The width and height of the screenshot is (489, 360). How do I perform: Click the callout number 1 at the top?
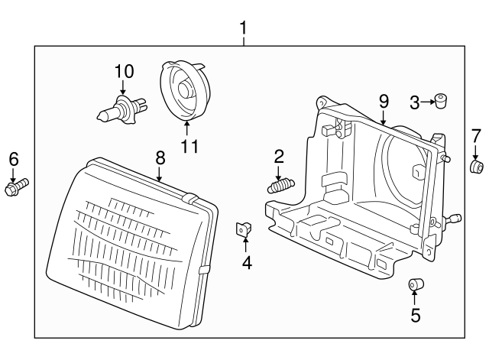(x=244, y=28)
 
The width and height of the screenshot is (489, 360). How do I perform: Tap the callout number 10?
(x=124, y=71)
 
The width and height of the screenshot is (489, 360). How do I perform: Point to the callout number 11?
(x=189, y=145)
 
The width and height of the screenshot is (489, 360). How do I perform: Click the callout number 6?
(x=13, y=158)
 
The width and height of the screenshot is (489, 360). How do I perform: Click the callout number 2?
(x=279, y=157)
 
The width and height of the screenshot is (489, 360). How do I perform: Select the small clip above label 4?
(x=244, y=228)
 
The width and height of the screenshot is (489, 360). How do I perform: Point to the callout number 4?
(x=246, y=264)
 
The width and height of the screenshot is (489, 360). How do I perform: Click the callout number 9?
(x=384, y=100)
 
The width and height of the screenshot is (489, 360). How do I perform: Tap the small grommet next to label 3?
(x=441, y=99)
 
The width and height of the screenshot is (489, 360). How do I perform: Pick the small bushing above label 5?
(x=415, y=286)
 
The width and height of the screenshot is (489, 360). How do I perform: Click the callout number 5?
(x=415, y=315)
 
